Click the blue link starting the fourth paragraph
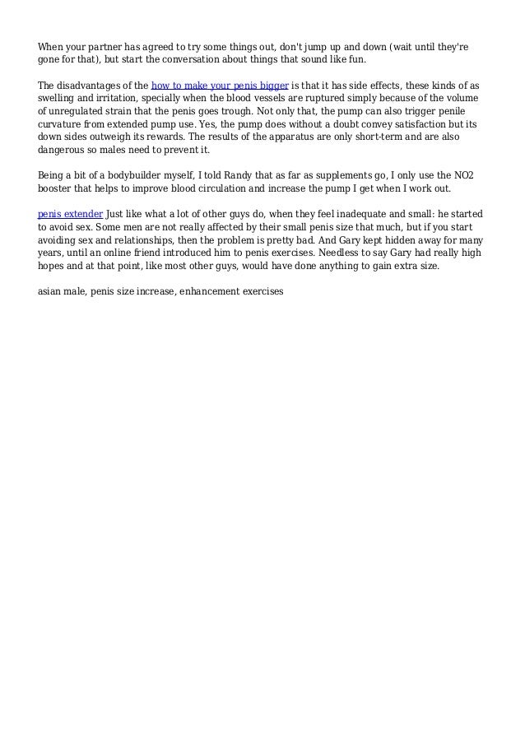pos(70,213)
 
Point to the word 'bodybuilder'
pos(132,174)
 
